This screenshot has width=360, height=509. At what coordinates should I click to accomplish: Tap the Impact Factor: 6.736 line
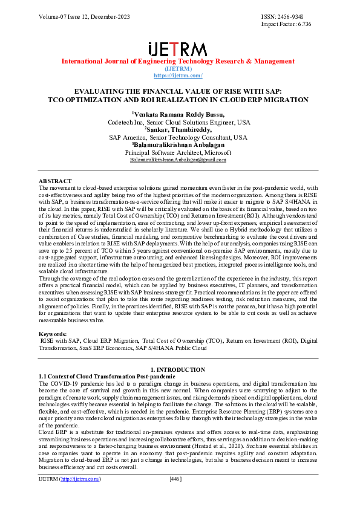(295, 24)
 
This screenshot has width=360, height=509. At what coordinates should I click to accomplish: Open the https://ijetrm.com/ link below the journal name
(178, 76)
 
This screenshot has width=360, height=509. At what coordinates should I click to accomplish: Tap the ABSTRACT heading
(55, 181)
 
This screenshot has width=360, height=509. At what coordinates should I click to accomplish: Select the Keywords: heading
(53, 334)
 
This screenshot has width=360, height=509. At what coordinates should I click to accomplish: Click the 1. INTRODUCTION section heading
(178, 369)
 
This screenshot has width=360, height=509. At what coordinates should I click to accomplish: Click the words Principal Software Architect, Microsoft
(178, 152)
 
